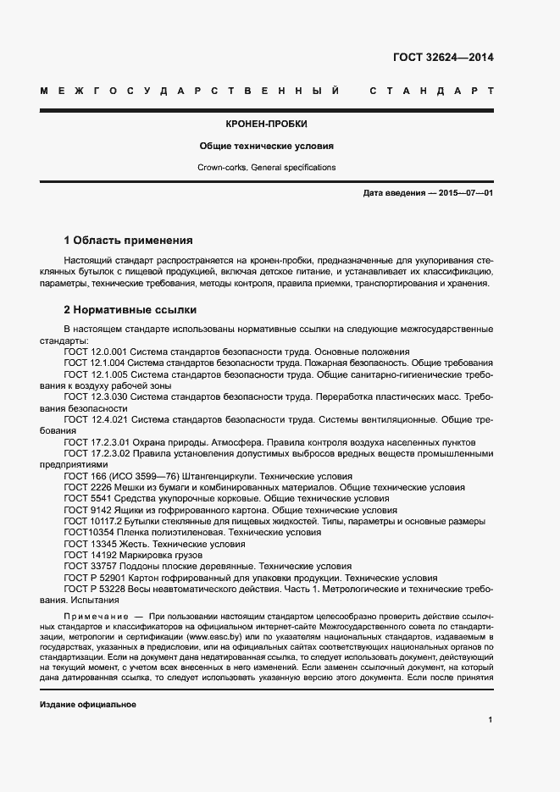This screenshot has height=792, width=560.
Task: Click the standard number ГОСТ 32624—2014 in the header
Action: tap(442, 58)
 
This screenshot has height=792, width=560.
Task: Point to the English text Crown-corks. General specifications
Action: tap(267, 168)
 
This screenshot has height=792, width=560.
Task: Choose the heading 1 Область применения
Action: tap(129, 240)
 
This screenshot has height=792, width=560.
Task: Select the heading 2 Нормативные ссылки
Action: tap(130, 310)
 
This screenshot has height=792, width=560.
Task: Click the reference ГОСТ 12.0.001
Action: tap(97, 351)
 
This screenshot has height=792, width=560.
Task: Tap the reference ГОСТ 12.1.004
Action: tap(97, 363)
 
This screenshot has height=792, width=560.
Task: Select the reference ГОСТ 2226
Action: tap(87, 488)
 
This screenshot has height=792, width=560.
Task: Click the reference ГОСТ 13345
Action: tap(90, 543)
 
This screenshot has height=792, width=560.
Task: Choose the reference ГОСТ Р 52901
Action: tap(94, 577)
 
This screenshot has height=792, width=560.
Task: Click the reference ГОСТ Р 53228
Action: tap(94, 588)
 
